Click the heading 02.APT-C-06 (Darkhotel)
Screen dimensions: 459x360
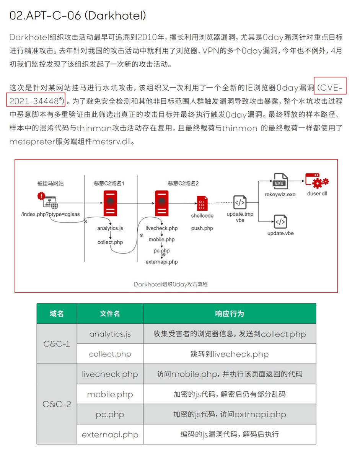point(78,16)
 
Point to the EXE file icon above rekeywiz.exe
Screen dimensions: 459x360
point(280,181)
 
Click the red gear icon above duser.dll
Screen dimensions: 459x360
point(317,181)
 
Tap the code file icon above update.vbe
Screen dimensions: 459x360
point(280,221)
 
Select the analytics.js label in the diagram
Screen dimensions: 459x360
point(110,228)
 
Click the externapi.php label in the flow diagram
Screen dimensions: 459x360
point(162,262)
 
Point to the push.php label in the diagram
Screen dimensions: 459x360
point(202,228)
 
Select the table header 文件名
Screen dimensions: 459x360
point(110,314)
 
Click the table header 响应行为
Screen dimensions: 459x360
point(230,314)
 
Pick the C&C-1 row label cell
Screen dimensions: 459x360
point(57,344)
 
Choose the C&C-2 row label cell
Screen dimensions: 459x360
point(57,404)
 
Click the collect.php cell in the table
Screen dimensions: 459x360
point(110,354)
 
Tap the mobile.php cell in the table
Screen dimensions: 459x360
point(110,394)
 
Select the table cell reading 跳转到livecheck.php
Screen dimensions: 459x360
point(230,354)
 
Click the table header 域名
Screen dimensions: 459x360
point(57,314)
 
